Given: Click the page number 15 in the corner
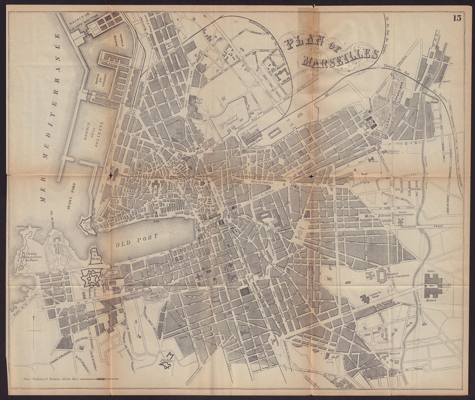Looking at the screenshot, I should tap(457, 18).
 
